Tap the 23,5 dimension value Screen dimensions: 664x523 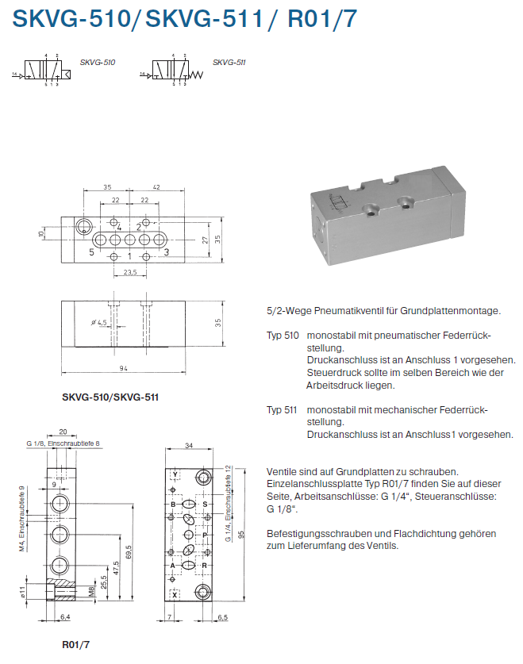click(x=131, y=272)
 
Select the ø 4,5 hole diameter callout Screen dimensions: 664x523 click(x=99, y=323)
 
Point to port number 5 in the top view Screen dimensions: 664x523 click(x=92, y=252)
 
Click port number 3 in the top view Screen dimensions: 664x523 click(x=167, y=252)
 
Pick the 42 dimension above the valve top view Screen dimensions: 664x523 click(x=156, y=187)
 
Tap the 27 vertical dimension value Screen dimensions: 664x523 click(x=204, y=240)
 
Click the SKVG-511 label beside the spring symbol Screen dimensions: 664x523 click(x=229, y=62)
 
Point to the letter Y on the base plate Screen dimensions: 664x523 click(x=175, y=474)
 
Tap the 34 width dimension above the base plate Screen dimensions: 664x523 click(x=189, y=446)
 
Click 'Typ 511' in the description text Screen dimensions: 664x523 click(x=282, y=409)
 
